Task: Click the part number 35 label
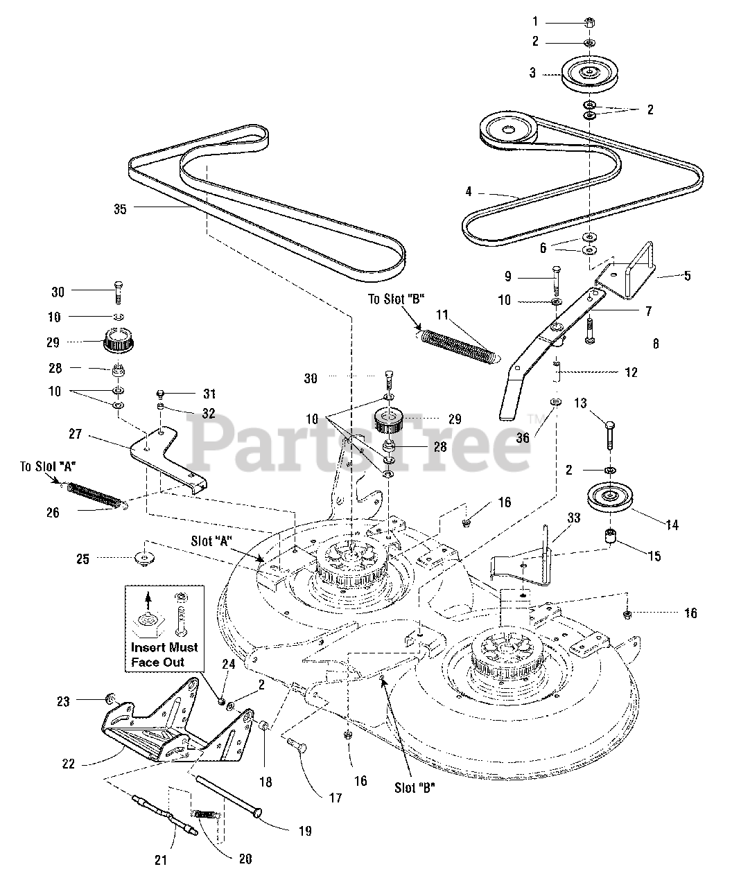click(x=120, y=209)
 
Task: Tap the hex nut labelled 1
click(x=589, y=22)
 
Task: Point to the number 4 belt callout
click(x=469, y=192)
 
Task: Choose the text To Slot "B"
click(x=396, y=299)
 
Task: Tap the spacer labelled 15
click(x=610, y=537)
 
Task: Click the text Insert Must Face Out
click(x=164, y=655)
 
